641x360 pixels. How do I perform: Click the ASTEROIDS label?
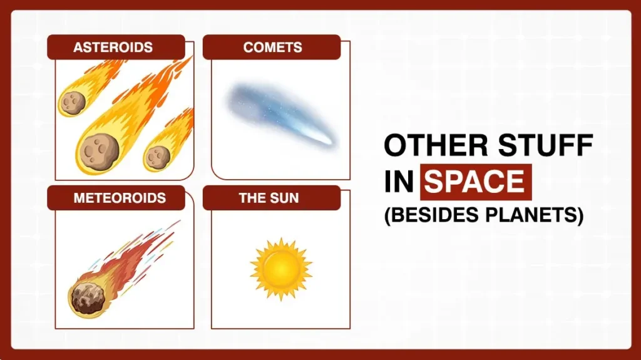coord(113,48)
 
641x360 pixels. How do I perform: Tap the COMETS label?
coord(272,48)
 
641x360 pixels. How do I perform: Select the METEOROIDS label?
coord(120,198)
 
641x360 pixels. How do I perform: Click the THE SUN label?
coord(269,198)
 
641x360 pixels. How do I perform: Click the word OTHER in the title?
coord(426,145)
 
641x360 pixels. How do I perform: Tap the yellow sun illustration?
coord(280,269)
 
